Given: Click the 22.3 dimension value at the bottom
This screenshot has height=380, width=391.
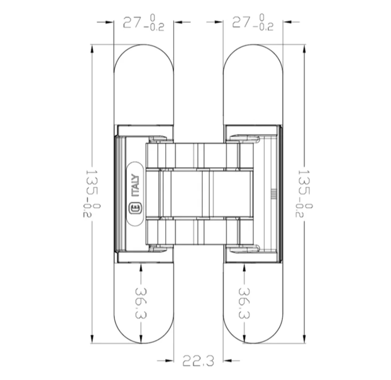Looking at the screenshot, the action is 198,361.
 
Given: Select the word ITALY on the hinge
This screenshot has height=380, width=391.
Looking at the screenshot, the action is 135,186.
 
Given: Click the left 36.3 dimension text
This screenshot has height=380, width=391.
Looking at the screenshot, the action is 141,303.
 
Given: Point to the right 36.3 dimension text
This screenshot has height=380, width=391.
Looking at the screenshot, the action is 244,303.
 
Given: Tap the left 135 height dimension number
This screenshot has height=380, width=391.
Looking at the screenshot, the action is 92,183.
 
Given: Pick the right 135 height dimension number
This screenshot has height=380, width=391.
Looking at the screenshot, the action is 304,183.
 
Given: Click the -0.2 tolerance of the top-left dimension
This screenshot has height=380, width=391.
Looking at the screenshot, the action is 154,27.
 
